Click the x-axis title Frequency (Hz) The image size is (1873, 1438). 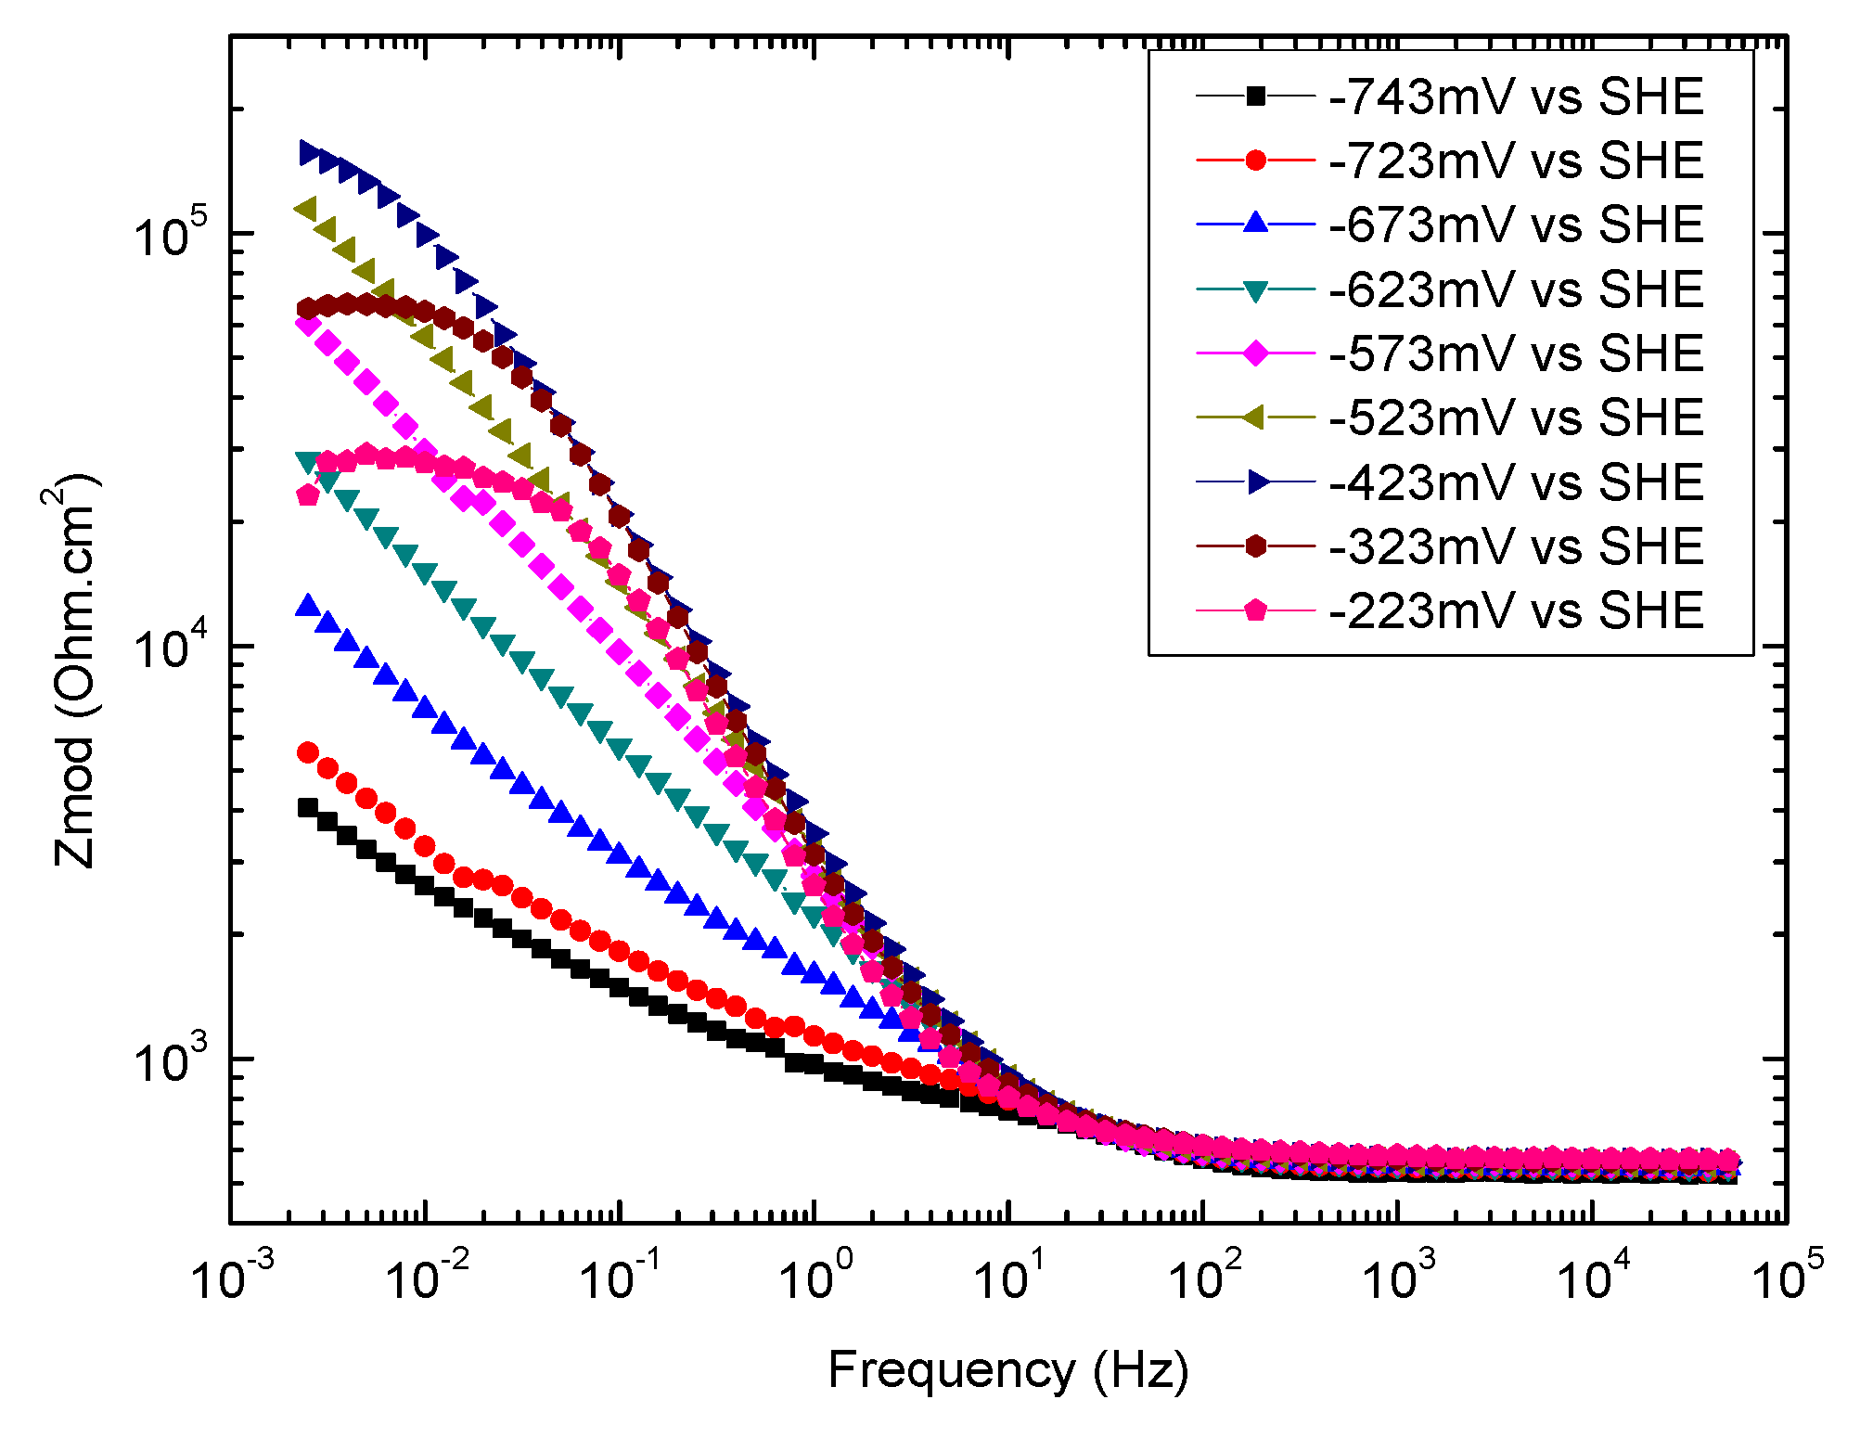coord(1007,1371)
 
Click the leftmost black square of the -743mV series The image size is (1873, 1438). coord(308,807)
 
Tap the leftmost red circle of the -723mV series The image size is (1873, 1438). coord(308,752)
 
